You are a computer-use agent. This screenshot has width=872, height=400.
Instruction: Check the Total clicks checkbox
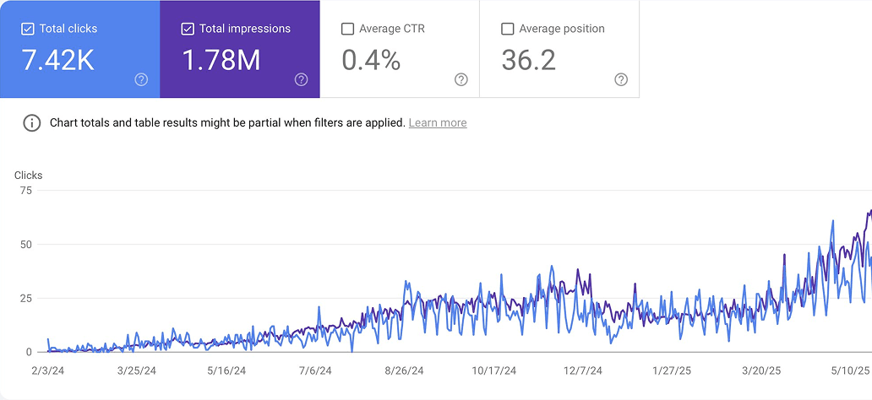(x=28, y=29)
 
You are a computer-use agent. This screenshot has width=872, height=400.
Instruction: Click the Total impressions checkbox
(x=188, y=29)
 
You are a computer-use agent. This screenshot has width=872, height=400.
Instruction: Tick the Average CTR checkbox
(x=347, y=29)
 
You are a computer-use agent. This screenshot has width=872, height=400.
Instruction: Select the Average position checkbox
(x=508, y=29)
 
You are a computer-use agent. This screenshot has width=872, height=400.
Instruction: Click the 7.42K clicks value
(x=57, y=60)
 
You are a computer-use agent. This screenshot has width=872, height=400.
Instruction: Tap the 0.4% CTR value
(x=371, y=60)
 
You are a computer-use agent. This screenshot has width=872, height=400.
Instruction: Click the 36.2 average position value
(x=528, y=60)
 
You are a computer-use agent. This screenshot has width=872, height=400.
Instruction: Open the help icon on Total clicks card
(x=141, y=79)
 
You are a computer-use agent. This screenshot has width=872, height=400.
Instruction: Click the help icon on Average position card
(x=621, y=79)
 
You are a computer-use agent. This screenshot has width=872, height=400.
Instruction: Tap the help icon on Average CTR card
(x=461, y=79)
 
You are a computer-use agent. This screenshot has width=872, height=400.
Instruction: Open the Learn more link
(x=437, y=123)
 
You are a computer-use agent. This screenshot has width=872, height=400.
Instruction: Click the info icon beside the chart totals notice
(x=32, y=123)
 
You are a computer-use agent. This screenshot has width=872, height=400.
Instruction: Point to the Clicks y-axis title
(x=28, y=176)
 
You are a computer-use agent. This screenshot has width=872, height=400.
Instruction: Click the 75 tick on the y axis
(x=25, y=191)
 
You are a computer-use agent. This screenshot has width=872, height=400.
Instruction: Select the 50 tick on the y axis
(x=25, y=245)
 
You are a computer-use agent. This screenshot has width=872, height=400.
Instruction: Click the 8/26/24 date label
(x=403, y=370)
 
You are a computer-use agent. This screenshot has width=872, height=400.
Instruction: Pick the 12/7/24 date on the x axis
(x=583, y=370)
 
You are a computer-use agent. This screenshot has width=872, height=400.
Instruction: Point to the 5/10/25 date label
(x=850, y=370)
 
